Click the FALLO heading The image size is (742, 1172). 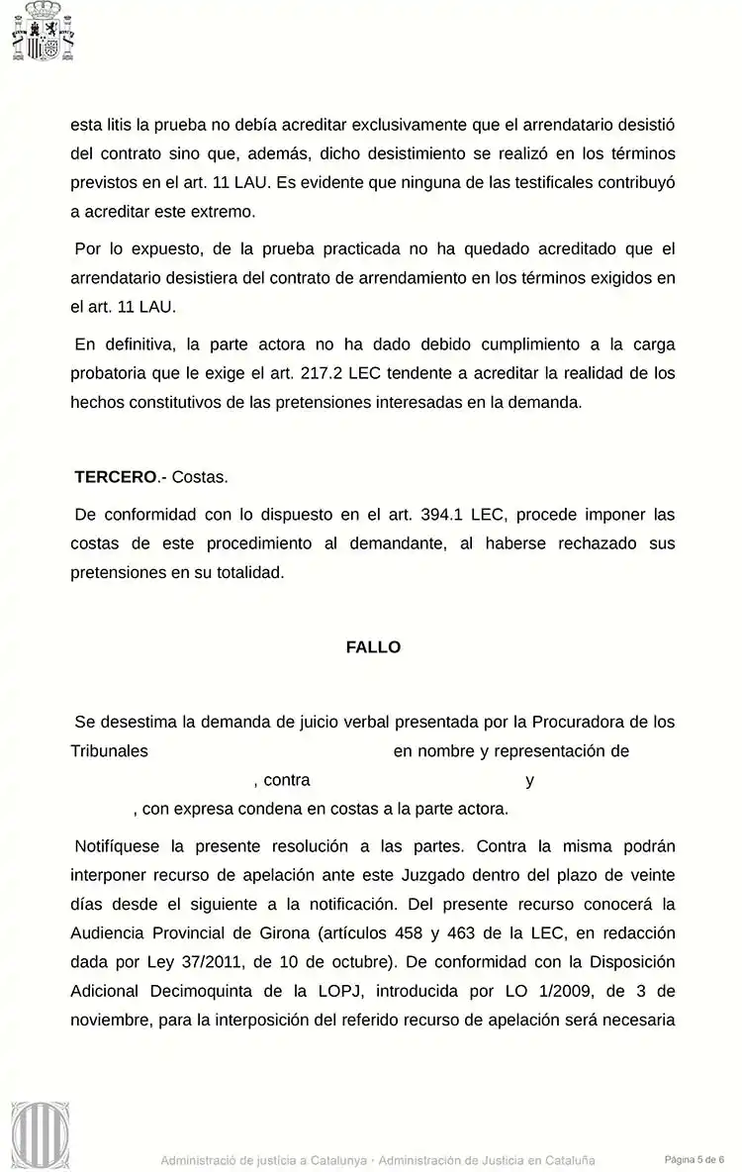[x=373, y=647]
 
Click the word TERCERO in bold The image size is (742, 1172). [x=116, y=477]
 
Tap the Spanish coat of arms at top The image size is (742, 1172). [x=44, y=32]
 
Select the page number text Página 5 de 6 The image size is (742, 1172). [x=695, y=1159]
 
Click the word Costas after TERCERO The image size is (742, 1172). [x=200, y=477]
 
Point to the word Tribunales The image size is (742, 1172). [x=109, y=751]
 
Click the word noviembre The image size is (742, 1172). [x=110, y=1019]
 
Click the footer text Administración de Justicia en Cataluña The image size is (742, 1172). [x=487, y=1160]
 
